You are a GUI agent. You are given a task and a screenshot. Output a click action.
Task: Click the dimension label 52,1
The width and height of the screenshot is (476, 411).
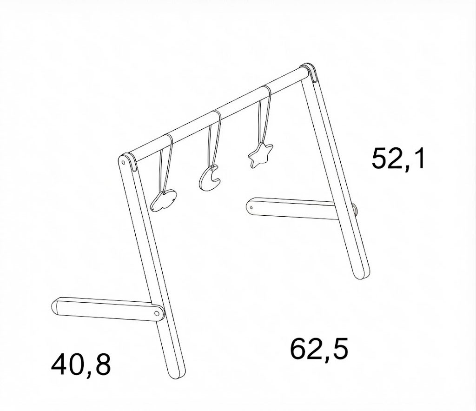point(398,159)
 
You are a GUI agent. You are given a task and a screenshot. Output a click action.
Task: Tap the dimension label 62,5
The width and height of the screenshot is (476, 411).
point(319,349)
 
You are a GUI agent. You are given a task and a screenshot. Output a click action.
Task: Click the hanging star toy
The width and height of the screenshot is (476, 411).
point(260,155)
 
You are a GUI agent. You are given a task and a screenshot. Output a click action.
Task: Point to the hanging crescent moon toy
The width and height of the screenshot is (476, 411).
point(210,179)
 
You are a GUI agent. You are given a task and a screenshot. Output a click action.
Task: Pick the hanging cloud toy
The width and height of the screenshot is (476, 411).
point(163,201)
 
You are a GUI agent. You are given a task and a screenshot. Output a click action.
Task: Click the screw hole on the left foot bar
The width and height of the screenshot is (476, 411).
point(157,313)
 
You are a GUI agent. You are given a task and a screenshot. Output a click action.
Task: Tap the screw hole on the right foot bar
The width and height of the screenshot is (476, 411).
point(251,208)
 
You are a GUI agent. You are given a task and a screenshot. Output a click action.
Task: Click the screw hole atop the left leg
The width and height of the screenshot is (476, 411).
point(123,162)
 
